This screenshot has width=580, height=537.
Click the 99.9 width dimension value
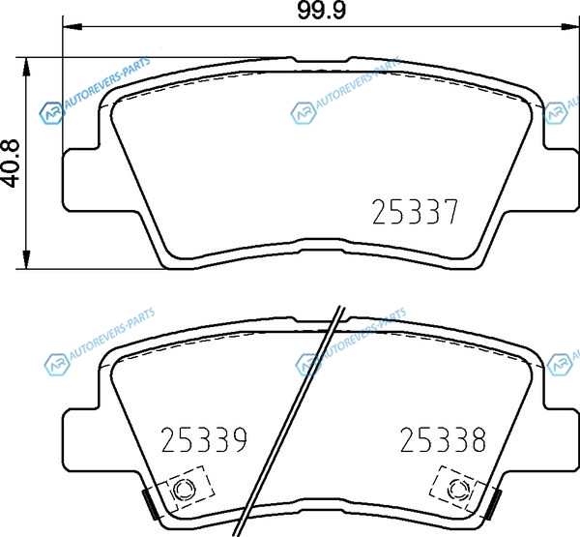click(322, 11)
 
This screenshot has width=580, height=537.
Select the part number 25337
click(416, 212)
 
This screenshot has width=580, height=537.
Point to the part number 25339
click(204, 439)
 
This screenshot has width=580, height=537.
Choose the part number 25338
click(443, 439)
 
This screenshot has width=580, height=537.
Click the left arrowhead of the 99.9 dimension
click(72, 27)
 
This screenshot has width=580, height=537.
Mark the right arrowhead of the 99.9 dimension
click(570, 27)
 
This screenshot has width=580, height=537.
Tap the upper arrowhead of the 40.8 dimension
click(26, 67)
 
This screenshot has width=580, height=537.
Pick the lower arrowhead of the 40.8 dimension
click(26, 259)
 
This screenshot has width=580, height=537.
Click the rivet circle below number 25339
click(184, 490)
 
